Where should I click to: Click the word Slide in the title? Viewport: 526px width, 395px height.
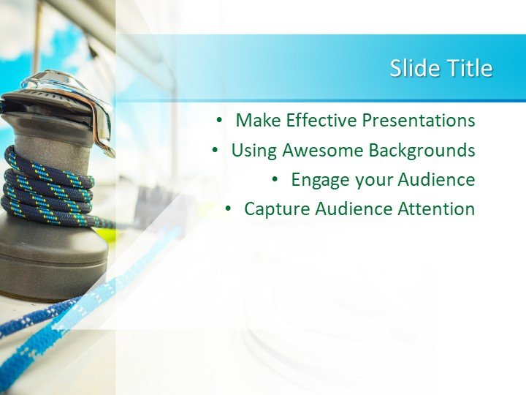(x=411, y=68)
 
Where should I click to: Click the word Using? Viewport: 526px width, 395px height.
(x=254, y=150)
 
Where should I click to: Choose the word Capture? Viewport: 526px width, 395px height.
(x=275, y=209)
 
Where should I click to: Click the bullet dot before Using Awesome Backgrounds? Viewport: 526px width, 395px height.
(x=215, y=150)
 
